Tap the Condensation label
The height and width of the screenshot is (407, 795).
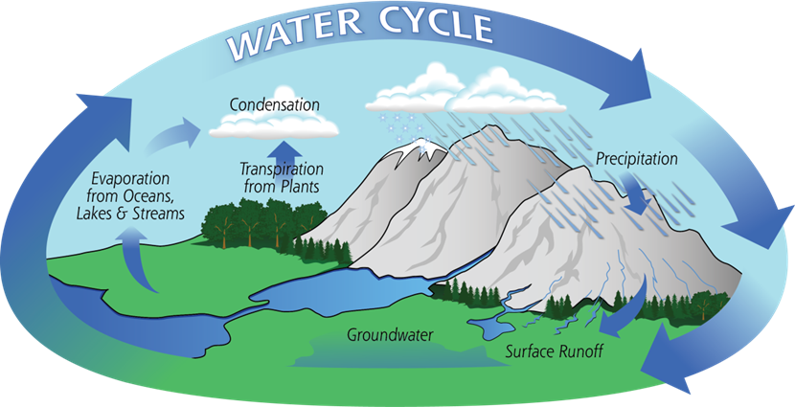pos(274,105)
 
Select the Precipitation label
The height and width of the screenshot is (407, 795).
pos(636,159)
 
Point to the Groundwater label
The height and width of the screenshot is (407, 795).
pos(390,335)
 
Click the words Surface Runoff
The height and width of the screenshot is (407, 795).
pos(555,351)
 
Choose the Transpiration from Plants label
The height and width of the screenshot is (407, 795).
pos(282,177)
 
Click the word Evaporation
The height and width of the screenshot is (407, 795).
pos(130,179)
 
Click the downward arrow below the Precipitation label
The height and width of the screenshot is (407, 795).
pos(637,192)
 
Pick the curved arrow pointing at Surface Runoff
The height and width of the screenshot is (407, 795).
pos(631,310)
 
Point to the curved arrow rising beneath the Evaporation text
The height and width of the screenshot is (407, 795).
pos(140,258)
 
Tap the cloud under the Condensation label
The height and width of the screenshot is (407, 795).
pos(274,125)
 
